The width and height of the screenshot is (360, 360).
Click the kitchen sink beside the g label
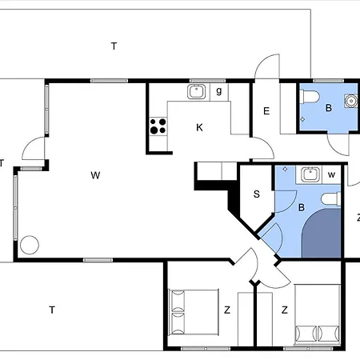tap(197, 91)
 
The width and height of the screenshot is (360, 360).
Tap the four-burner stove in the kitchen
tap(158, 126)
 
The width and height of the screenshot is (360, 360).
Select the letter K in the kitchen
tap(199, 128)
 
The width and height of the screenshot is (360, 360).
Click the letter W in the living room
tap(95, 175)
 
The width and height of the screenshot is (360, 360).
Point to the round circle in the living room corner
tap(30, 245)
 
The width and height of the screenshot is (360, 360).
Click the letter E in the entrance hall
tap(266, 111)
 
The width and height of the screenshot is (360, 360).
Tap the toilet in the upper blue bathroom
tap(310, 97)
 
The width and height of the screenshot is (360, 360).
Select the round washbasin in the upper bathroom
tap(350, 101)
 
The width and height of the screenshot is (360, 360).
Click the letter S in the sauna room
tap(257, 194)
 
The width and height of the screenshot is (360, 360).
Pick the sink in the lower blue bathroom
tap(310, 174)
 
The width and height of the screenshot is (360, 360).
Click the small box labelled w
tap(331, 174)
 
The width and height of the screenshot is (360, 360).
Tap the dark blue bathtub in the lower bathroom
tap(322, 233)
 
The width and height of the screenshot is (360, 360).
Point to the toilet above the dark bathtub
tap(331, 199)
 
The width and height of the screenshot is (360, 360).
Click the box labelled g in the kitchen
tap(219, 92)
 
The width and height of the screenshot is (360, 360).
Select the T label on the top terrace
tap(114, 46)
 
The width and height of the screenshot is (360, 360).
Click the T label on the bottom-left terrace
tap(52, 310)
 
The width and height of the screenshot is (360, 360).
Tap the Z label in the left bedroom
tap(227, 310)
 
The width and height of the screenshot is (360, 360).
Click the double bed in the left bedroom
tap(194, 312)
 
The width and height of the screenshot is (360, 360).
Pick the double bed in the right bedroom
tap(318, 315)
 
